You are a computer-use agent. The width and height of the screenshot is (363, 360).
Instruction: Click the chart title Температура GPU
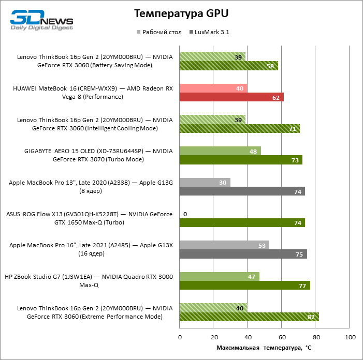coord(181,13)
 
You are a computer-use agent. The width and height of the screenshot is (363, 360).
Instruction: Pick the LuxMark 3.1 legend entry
coord(211,32)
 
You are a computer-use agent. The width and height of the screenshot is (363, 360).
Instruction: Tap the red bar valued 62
coord(231,97)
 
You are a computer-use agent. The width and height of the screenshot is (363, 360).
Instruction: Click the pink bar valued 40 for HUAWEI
coord(213,88)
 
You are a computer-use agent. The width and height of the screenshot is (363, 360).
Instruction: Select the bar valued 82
coord(249,317)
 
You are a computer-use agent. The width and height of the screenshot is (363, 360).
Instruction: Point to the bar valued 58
coord(229,66)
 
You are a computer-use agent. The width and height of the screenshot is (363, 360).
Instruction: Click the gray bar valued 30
coord(205,183)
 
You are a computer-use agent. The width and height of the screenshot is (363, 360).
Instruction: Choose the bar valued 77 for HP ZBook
coord(245,285)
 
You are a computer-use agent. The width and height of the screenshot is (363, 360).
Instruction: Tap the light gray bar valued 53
coord(224,245)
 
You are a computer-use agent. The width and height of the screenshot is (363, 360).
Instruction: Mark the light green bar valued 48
coord(220,151)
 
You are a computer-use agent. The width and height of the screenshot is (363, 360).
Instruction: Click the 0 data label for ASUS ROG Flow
coord(185,214)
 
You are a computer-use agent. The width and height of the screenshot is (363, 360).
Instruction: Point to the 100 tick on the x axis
coord(350,337)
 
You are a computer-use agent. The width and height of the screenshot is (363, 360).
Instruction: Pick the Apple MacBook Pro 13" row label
coord(91,187)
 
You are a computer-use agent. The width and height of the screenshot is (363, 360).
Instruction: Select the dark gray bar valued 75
coord(243,254)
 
